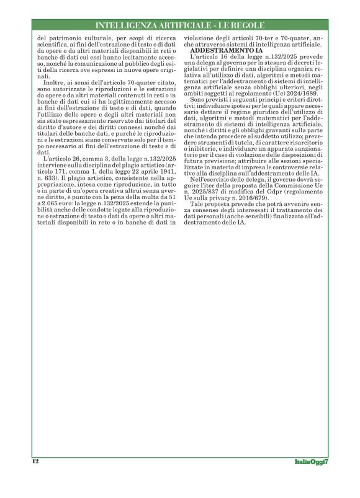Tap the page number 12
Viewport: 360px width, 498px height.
pyautogui.click(x=35, y=461)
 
